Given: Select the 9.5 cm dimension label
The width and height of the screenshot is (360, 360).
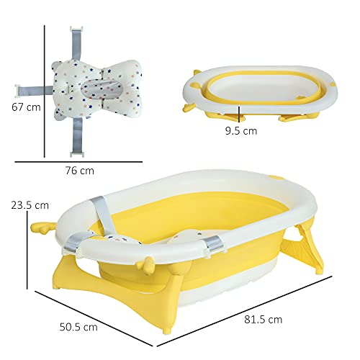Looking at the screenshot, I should tap(240, 132).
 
